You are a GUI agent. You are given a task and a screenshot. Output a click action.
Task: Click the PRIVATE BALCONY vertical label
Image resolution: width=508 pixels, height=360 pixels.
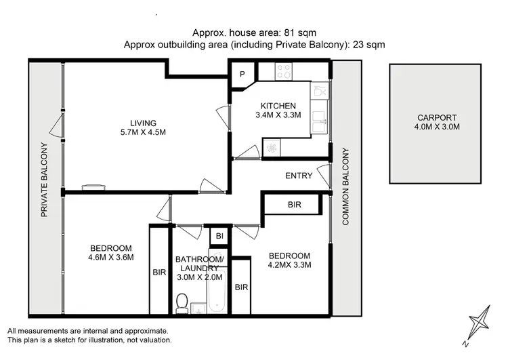point(45,180)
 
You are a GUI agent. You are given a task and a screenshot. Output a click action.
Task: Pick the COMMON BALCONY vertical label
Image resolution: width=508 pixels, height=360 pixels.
point(345,186)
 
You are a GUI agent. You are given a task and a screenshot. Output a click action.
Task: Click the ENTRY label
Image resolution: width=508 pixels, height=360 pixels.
point(299,176)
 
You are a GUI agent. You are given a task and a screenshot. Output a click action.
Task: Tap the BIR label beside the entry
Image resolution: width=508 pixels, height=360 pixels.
point(294,204)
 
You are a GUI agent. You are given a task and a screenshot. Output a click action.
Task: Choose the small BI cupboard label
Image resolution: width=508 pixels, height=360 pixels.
point(219,235)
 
